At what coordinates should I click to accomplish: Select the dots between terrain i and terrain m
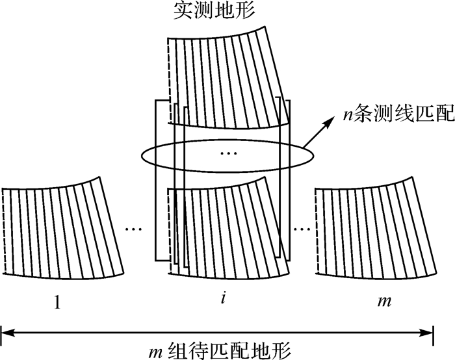point(301,229)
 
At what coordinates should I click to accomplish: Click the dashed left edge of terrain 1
point(3,231)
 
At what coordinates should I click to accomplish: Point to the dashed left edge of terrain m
point(315,231)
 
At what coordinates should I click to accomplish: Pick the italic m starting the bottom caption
point(154,351)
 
